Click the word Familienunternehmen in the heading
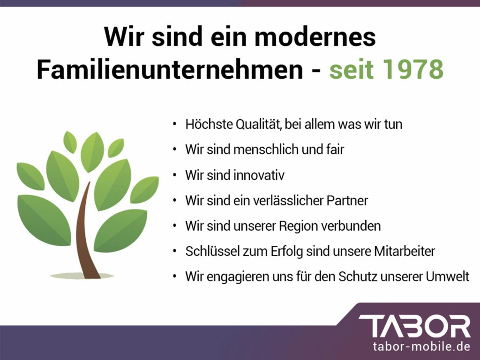(170, 70)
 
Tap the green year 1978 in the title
(413, 70)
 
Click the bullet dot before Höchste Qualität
(175, 125)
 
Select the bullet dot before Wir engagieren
(175, 277)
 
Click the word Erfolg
(287, 251)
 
